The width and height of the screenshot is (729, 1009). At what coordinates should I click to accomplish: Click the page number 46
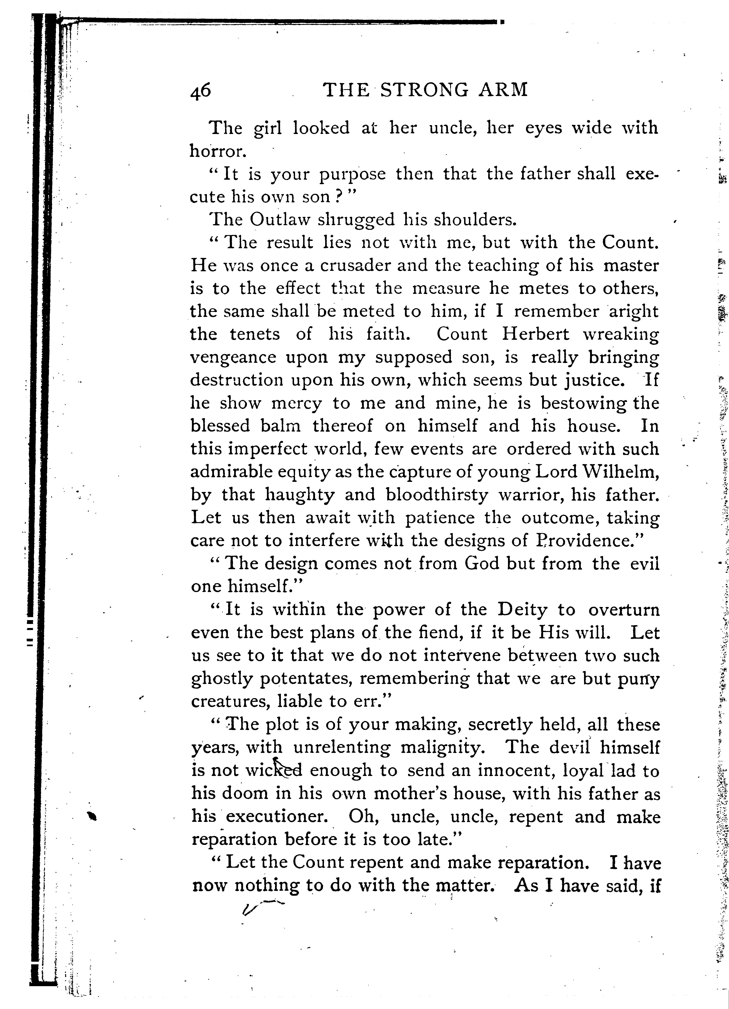[x=201, y=91]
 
